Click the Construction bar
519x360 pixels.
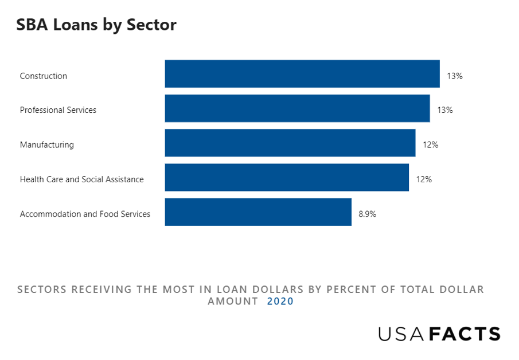coord(302,74)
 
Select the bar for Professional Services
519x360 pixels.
coord(297,108)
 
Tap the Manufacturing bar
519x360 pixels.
coord(290,143)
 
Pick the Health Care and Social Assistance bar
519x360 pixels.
coord(287,178)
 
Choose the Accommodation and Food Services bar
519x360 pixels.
coord(258,212)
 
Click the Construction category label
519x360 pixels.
coord(44,76)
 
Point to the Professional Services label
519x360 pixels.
coord(58,110)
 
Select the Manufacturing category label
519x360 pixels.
coord(47,145)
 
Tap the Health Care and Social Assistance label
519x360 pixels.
coord(82,179)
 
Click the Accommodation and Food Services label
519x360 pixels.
coord(85,214)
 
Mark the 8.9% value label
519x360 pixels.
coord(368,214)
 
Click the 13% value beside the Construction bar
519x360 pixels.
coord(455,76)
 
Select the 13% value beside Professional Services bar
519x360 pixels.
coord(445,110)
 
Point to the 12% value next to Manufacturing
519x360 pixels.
coord(431,145)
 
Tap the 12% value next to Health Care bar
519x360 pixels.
coord(424,179)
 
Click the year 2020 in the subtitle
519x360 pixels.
coord(280,302)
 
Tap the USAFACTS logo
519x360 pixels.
coord(439,334)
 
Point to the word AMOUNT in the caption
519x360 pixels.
coord(233,302)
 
